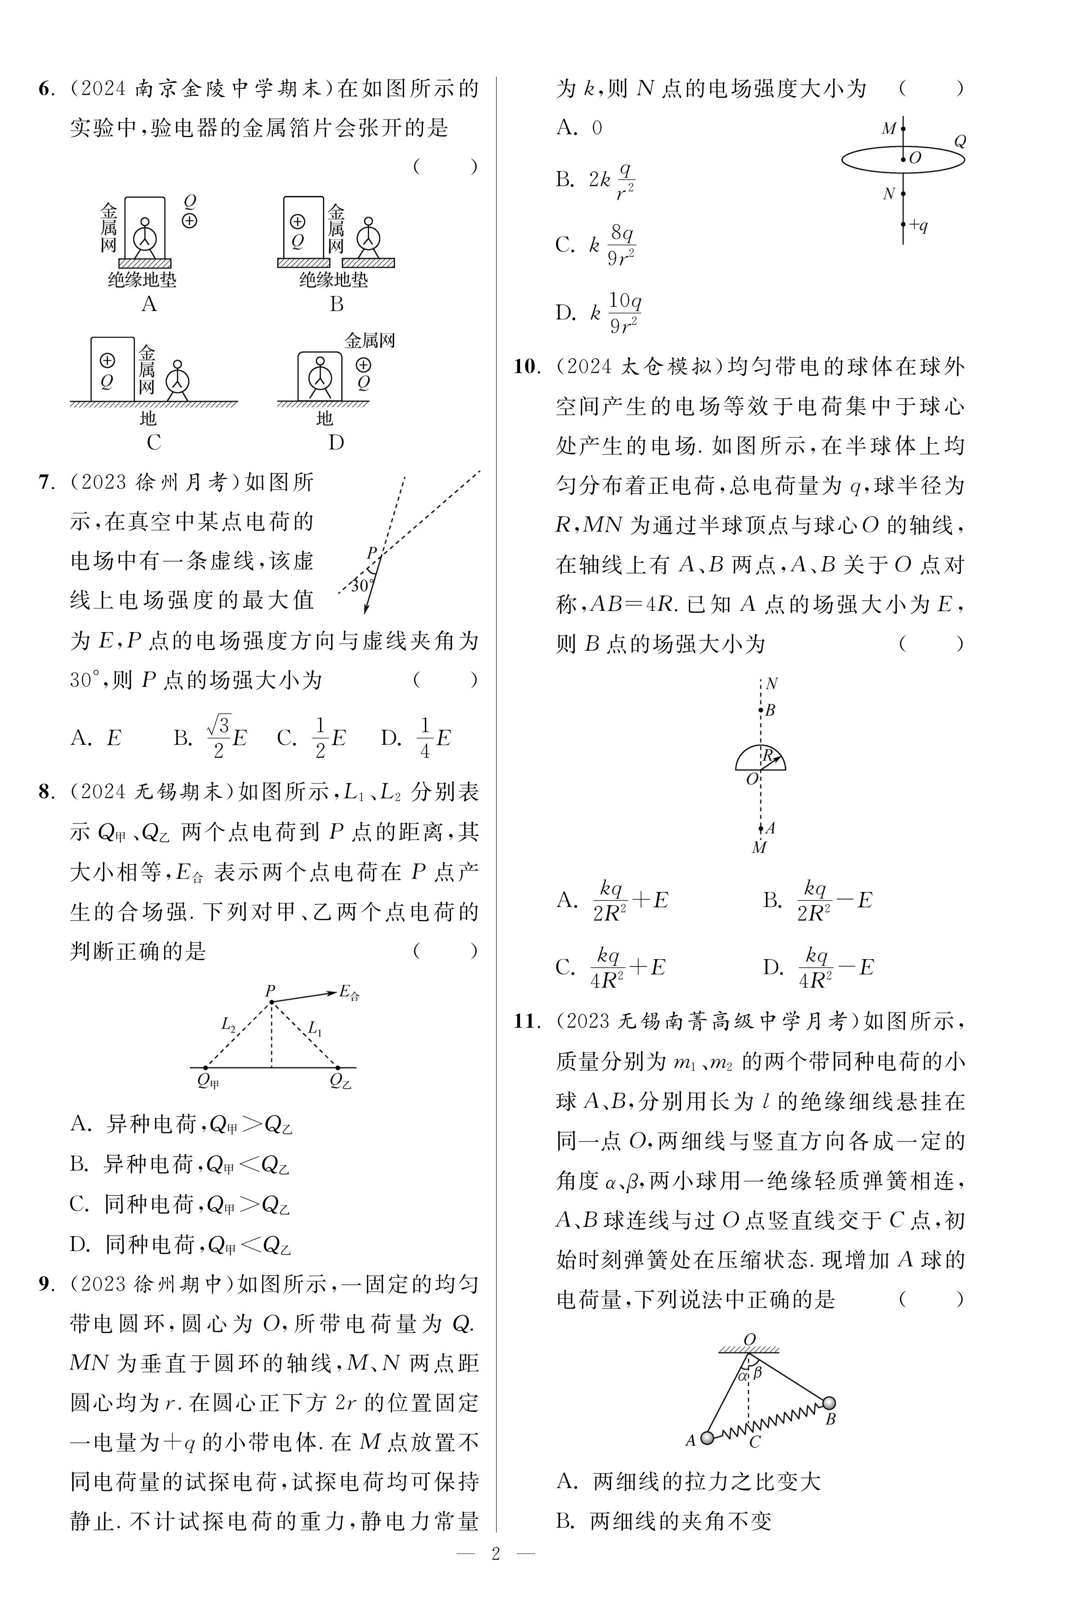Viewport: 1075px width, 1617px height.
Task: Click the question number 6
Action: click(45, 89)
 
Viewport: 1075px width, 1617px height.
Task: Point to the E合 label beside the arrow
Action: click(349, 992)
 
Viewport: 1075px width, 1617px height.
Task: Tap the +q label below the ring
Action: click(918, 225)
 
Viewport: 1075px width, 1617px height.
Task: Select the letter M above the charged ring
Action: click(888, 129)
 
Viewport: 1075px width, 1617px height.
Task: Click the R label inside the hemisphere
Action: click(768, 755)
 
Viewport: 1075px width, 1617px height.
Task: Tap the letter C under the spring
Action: click(755, 1443)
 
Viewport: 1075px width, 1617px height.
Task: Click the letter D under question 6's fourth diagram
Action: click(336, 443)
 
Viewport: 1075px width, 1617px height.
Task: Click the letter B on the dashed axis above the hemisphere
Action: click(770, 710)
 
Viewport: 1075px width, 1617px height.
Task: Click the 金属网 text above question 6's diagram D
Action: click(370, 341)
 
